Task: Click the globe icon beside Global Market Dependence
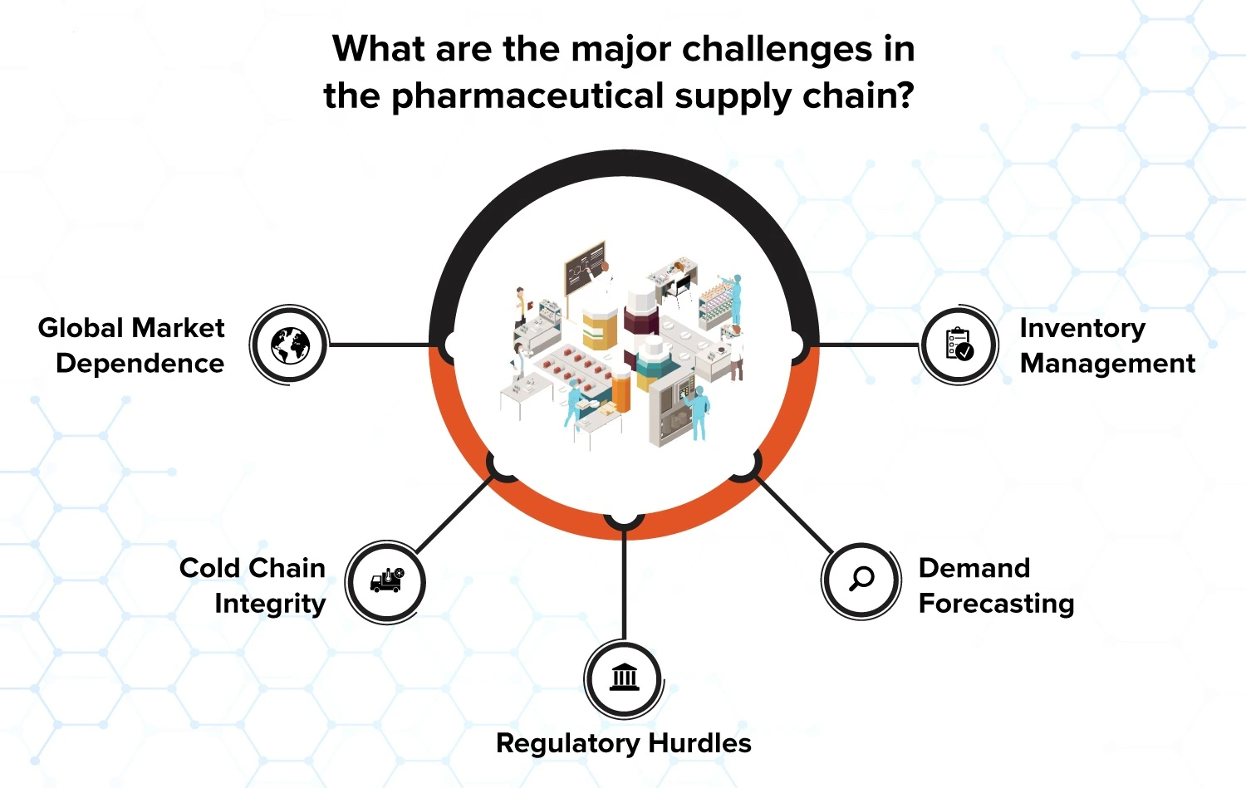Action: (290, 345)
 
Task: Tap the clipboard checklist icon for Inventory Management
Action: (959, 345)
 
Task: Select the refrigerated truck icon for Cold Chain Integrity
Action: (387, 580)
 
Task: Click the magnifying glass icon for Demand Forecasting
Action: (861, 579)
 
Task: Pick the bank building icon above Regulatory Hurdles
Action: (624, 677)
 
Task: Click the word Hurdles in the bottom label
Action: (699, 743)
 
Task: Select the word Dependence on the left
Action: (140, 364)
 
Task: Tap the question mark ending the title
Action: (905, 95)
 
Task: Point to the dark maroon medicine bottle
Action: (640, 317)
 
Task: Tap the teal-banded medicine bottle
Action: (654, 365)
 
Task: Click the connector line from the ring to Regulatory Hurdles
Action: (624, 584)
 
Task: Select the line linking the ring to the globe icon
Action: (380, 345)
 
